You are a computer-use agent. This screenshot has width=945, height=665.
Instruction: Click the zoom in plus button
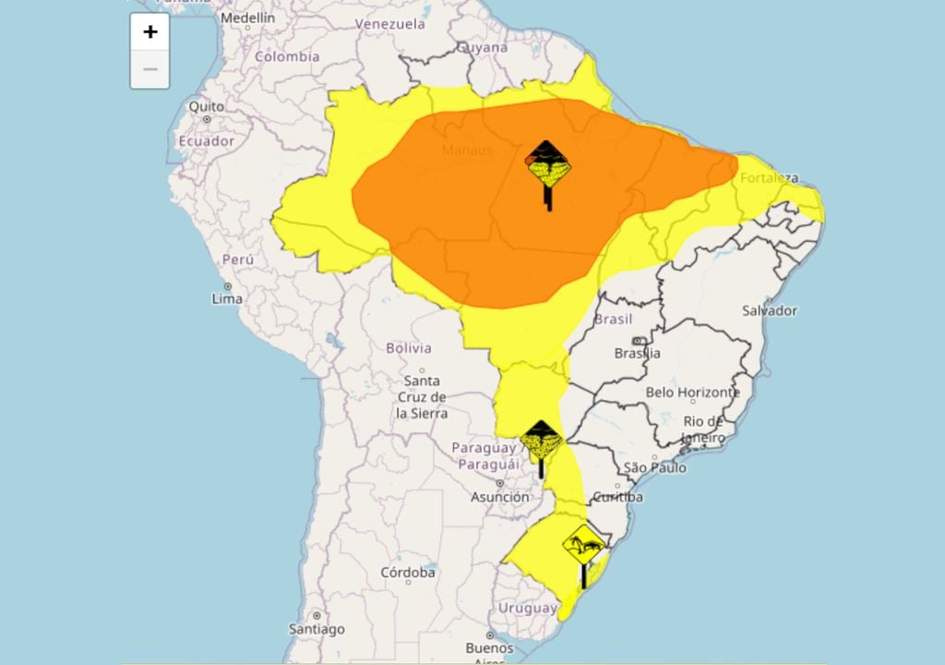(150, 32)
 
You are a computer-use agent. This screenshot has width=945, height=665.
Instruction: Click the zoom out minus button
(150, 69)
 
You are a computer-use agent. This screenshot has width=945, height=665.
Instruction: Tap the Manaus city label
(467, 150)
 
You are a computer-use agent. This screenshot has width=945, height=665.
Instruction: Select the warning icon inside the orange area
(548, 167)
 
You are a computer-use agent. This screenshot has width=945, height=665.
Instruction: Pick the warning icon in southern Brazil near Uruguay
(584, 548)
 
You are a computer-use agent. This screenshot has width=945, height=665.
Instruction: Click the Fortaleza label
(769, 177)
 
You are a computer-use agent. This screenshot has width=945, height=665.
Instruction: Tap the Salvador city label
(770, 310)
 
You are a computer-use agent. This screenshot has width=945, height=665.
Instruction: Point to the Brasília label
(638, 353)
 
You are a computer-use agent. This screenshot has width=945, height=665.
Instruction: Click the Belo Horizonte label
(692, 392)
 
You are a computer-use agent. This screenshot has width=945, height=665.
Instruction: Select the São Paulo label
(655, 467)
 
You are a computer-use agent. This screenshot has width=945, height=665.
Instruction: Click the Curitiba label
(617, 497)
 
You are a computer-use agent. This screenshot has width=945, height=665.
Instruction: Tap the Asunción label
(500, 497)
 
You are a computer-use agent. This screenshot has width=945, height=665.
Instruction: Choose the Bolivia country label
(408, 348)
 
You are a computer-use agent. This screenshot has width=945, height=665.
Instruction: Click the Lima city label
(227, 298)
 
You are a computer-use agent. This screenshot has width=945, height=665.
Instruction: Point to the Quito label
(206, 106)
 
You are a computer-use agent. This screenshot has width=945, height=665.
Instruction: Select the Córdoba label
(408, 573)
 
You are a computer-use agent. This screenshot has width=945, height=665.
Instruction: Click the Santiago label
(317, 629)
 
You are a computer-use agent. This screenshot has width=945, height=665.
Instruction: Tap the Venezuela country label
(389, 24)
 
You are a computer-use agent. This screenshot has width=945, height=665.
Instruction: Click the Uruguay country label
(528, 608)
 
